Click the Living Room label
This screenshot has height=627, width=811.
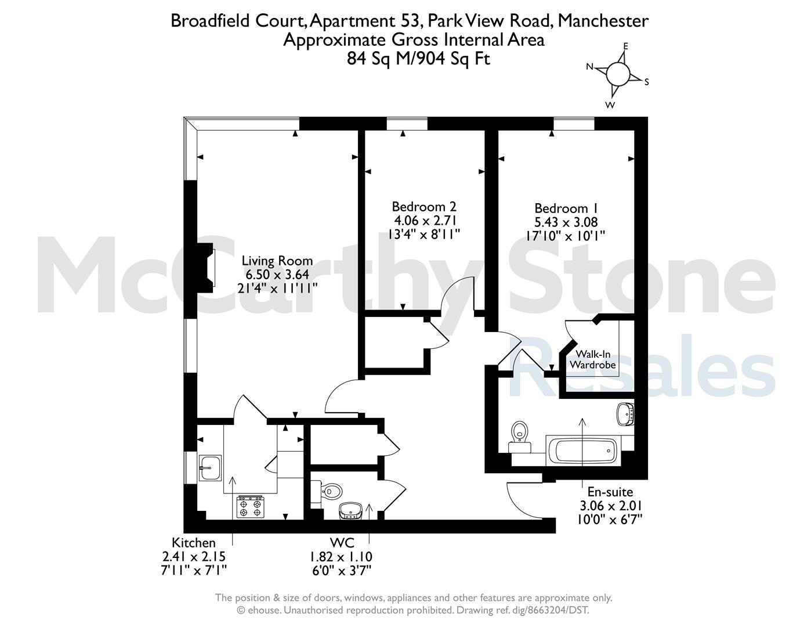[x=277, y=260]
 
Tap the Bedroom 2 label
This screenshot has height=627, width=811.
[x=424, y=207]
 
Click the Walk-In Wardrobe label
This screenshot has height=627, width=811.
[x=593, y=359]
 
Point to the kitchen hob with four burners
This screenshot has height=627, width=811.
[x=251, y=507]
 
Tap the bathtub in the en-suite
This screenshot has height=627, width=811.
[x=584, y=451]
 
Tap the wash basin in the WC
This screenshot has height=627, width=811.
[x=350, y=511]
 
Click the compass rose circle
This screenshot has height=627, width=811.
[x=618, y=74]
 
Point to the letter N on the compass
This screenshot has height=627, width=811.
[x=589, y=66]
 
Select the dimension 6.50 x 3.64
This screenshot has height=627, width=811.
[x=277, y=275]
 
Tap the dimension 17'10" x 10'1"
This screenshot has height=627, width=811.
[x=566, y=236]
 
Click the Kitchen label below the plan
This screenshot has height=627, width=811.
[x=193, y=543]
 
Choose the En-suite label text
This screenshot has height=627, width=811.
[x=610, y=492]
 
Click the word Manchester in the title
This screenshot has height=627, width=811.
[x=603, y=20]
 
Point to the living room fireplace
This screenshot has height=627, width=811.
[x=205, y=268]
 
